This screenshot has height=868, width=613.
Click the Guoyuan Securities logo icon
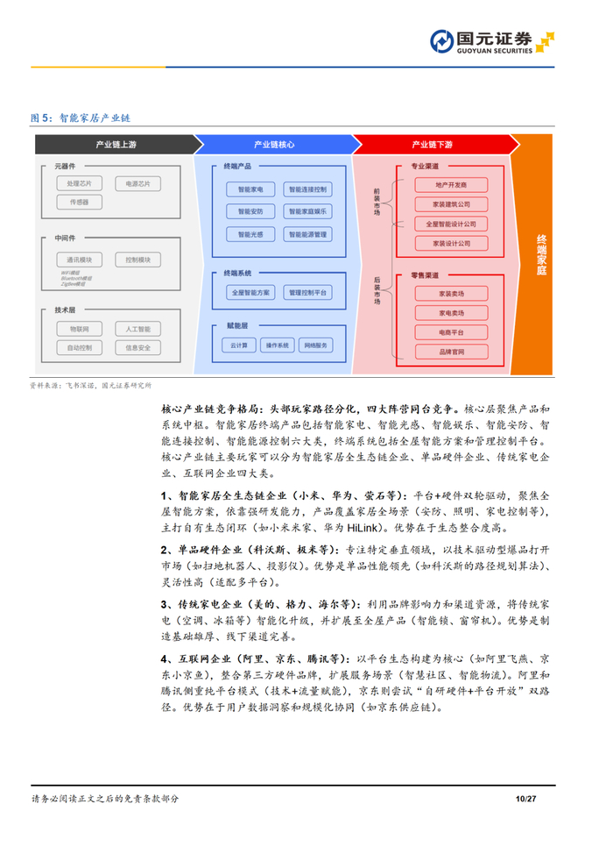tap(442, 41)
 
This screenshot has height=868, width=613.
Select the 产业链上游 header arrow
tap(115, 144)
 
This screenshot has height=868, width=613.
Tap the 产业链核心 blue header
tap(273, 144)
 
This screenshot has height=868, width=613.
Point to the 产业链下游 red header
tap(432, 144)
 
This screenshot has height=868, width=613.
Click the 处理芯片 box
tap(79, 184)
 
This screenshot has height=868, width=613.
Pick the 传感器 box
tap(79, 202)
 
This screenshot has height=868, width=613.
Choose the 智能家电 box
tap(250, 189)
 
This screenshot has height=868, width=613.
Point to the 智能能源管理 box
tap(306, 234)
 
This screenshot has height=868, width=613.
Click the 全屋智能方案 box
tap(250, 292)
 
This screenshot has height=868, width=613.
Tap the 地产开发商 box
tap(451, 185)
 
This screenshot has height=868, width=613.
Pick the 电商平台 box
tap(451, 332)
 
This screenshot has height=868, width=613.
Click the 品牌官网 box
tap(451, 352)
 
